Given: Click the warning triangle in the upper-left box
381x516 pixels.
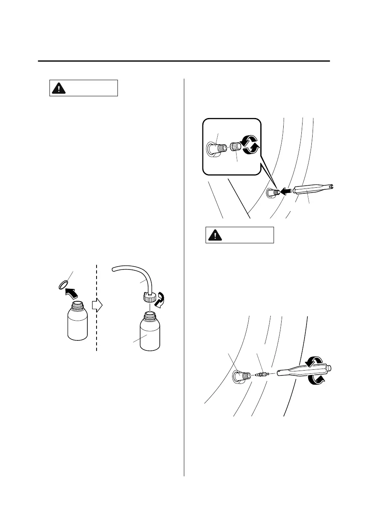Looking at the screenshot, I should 59,88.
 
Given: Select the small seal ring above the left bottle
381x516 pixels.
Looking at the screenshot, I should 63,285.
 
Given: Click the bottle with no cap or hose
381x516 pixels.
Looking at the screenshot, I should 76,322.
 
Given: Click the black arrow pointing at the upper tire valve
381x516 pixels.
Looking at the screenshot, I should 286,191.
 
